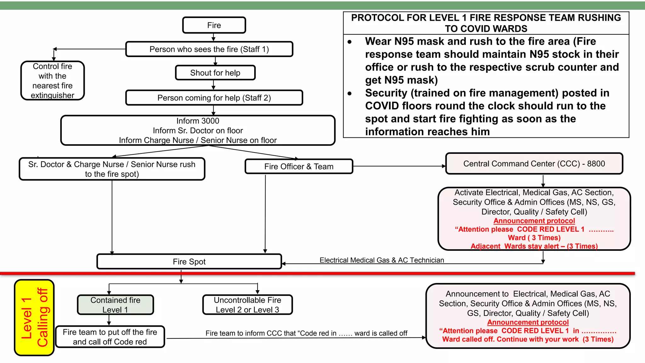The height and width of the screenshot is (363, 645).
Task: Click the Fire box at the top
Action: pos(214,25)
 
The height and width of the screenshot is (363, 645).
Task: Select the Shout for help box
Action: pos(215,73)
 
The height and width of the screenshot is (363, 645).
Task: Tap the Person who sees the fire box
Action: pos(209,49)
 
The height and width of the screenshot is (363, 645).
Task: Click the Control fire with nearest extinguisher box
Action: pos(53,81)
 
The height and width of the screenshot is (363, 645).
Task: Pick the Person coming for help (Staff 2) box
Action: pos(214,98)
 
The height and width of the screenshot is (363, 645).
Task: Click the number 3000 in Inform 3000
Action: pos(210,121)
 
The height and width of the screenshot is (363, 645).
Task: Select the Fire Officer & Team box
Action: pos(299,166)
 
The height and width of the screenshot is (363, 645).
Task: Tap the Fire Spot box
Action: pos(189,262)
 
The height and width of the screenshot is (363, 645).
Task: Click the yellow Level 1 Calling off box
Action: pos(34,318)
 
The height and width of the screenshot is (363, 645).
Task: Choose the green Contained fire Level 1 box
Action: pos(115,305)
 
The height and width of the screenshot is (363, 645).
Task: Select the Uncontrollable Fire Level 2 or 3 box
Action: pos(247,305)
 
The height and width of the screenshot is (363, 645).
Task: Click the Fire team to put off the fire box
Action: pos(110,337)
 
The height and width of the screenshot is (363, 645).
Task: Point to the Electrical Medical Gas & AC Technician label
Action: pos(381,260)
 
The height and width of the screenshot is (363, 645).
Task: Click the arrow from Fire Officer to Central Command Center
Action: pos(399,166)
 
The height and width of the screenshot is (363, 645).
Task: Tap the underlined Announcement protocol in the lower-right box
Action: pos(528,322)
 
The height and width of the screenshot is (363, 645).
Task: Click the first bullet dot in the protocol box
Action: pos(350,42)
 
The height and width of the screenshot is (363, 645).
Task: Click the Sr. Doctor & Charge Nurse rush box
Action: pos(112,169)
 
